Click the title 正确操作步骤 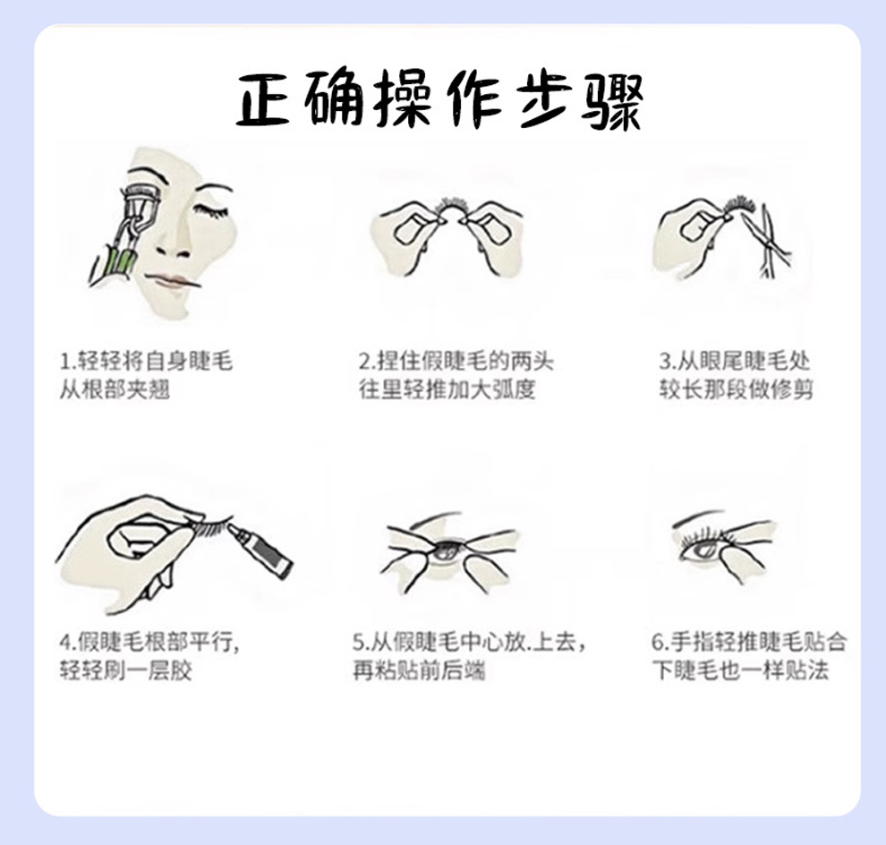point(439,100)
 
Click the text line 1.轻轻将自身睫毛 point(146,361)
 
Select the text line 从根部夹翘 point(115,389)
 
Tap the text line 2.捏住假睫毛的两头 point(456,361)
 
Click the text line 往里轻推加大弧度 point(447,389)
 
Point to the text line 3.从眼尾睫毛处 point(735,361)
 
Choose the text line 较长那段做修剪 point(737,389)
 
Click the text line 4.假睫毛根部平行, point(149,642)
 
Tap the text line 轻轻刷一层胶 point(125,671)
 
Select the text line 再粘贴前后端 point(419,671)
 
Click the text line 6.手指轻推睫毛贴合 point(749,642)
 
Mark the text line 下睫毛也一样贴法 point(741,670)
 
